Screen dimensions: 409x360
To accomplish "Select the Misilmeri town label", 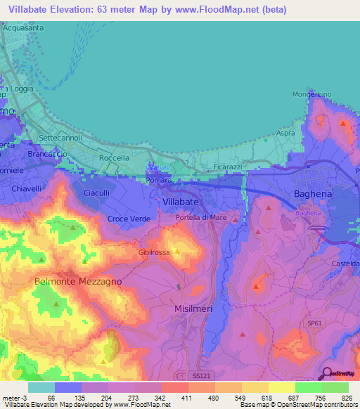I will (x=193, y=309).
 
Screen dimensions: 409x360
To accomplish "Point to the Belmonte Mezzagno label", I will (x=78, y=281).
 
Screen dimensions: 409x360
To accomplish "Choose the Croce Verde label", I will (x=129, y=219).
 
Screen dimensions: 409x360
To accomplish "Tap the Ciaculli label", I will (x=98, y=193).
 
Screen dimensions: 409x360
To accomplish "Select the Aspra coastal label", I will (x=285, y=133).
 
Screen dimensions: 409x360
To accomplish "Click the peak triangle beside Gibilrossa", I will (x=177, y=251).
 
